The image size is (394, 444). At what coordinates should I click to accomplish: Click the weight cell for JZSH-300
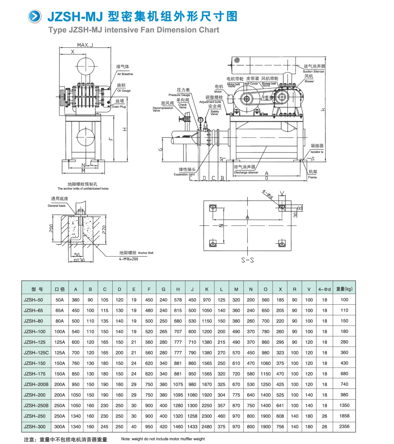point(344,426)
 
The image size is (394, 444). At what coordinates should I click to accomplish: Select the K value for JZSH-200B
point(207,385)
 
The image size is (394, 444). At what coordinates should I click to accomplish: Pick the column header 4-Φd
point(324,289)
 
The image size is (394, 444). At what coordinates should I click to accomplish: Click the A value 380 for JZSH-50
point(76,300)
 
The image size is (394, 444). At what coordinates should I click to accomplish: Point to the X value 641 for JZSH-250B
point(280,406)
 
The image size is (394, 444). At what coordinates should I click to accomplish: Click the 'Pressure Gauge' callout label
point(179,95)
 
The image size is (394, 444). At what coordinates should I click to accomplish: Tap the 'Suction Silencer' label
point(314,72)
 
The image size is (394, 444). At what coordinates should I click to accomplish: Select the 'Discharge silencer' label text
point(246,172)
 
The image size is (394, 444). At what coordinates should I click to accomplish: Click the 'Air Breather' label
point(125,74)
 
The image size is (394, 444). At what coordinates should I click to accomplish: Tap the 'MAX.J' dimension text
point(85,45)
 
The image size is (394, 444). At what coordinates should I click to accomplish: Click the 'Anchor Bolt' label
point(146,253)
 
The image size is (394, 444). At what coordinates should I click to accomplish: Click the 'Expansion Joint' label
point(184,174)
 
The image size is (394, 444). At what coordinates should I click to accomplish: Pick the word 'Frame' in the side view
point(312,177)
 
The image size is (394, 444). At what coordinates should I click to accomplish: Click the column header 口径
point(60,289)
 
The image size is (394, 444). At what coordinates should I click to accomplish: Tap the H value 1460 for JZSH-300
point(178,426)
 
